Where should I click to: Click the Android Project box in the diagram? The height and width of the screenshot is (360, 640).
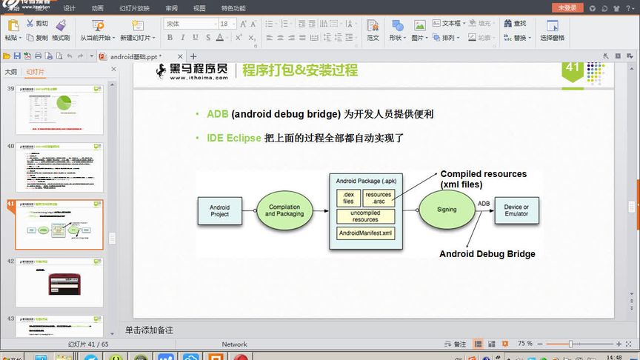(x=220, y=211)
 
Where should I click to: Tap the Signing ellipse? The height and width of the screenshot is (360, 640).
(x=447, y=210)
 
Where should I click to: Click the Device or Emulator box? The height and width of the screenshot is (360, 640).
(x=516, y=210)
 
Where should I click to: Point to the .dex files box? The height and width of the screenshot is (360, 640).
(x=348, y=198)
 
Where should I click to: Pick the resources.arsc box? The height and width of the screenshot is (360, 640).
(x=379, y=198)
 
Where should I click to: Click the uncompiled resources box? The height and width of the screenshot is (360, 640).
(x=365, y=216)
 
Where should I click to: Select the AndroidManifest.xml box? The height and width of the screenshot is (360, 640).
(x=365, y=233)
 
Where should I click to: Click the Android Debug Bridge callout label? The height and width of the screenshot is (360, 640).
(x=487, y=254)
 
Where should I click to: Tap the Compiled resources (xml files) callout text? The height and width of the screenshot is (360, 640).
(x=483, y=179)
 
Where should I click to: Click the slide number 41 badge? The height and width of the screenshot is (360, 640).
(x=572, y=68)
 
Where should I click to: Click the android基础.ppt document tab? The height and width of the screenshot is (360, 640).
(x=135, y=56)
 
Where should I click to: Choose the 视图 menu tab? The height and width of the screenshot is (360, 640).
(x=199, y=8)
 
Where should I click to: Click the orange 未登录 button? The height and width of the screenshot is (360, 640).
(x=568, y=7)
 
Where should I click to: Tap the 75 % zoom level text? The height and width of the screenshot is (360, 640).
(x=525, y=344)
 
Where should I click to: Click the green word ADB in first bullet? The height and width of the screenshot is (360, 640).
(x=217, y=114)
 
